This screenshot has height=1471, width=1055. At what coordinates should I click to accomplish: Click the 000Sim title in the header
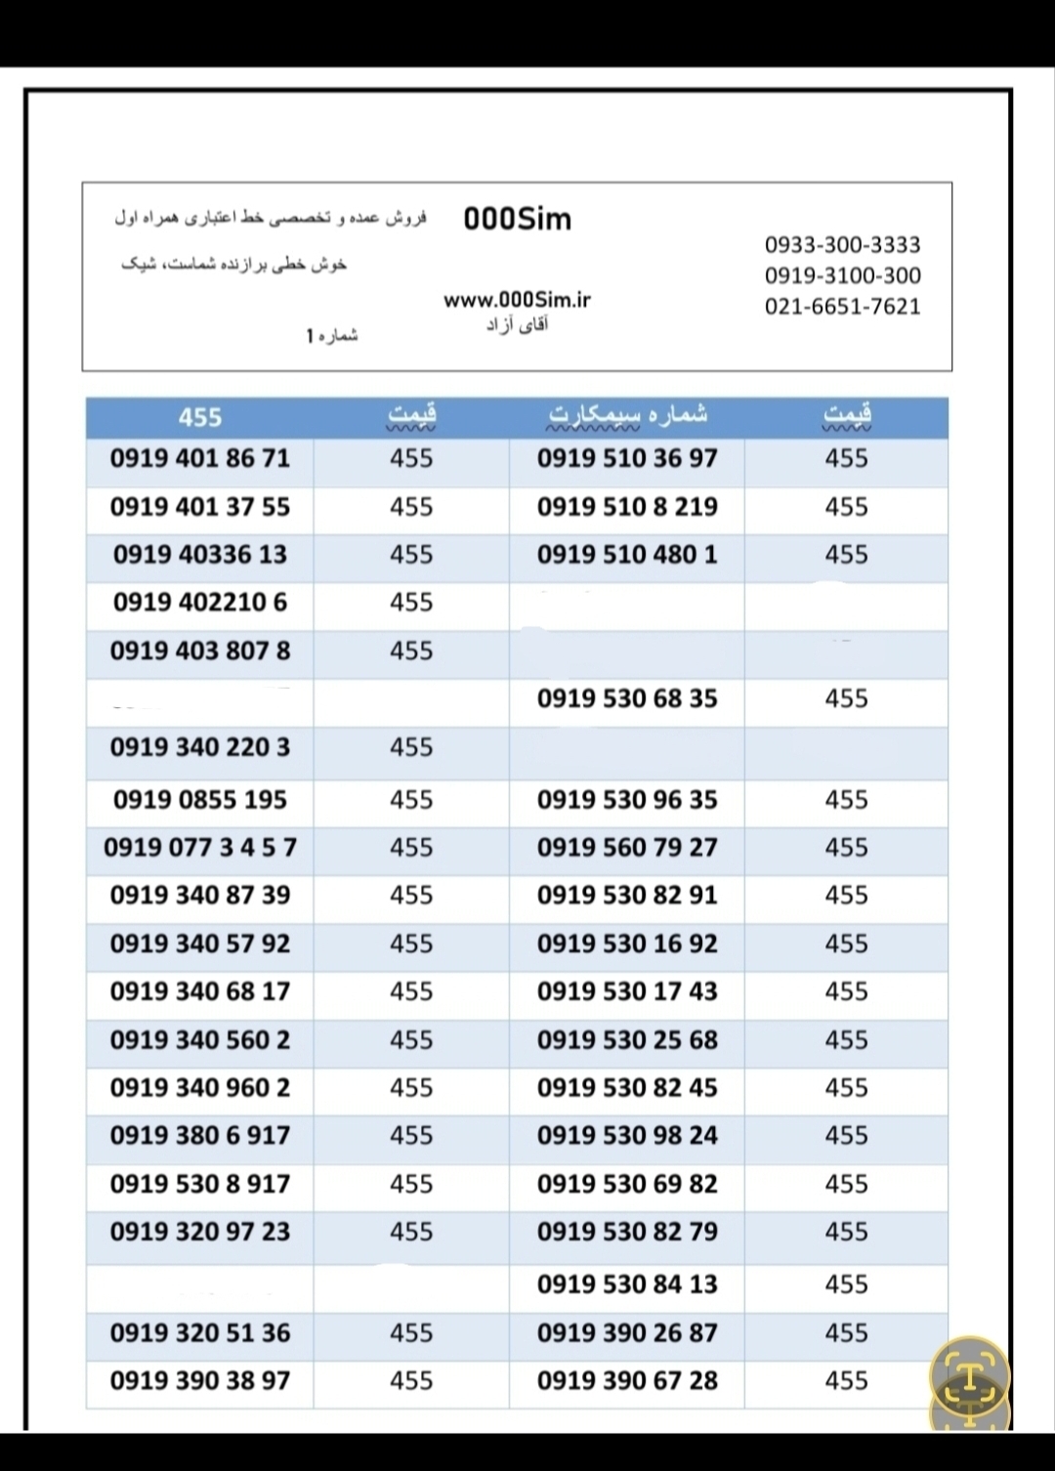coord(517,219)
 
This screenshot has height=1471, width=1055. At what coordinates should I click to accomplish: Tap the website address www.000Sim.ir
coord(517,300)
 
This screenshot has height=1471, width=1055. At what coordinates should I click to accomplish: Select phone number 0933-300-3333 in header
coord(842,244)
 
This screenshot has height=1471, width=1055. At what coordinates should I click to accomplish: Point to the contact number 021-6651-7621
coord(842,306)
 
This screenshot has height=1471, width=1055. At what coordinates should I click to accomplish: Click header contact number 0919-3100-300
coord(842,275)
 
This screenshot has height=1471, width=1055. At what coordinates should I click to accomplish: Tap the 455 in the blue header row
coord(200,417)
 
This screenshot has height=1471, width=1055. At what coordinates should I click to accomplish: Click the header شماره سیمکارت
coord(626,415)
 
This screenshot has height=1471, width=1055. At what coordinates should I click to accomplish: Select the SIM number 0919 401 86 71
coord(200,458)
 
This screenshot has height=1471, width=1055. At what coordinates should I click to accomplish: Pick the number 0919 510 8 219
coord(627,507)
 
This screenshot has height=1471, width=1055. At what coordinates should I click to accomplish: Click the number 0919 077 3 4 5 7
coord(200,847)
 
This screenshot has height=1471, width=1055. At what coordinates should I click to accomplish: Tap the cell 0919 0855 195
coord(200,799)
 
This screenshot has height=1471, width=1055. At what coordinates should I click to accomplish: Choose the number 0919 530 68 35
coord(627,698)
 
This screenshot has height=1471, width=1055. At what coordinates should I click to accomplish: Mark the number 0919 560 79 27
coord(627,847)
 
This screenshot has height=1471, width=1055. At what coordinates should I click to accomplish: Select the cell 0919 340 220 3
coord(200,747)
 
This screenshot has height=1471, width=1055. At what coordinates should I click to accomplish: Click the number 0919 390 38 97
coord(200,1380)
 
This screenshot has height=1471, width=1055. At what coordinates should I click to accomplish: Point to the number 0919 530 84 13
coord(627,1283)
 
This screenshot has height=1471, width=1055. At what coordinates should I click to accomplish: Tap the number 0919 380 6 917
coord(200,1135)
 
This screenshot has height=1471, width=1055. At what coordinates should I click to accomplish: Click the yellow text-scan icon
coord(968,1375)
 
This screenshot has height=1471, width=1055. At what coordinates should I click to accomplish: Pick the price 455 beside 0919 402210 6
coord(411,603)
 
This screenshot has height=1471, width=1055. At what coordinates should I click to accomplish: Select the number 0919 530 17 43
coord(627,991)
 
